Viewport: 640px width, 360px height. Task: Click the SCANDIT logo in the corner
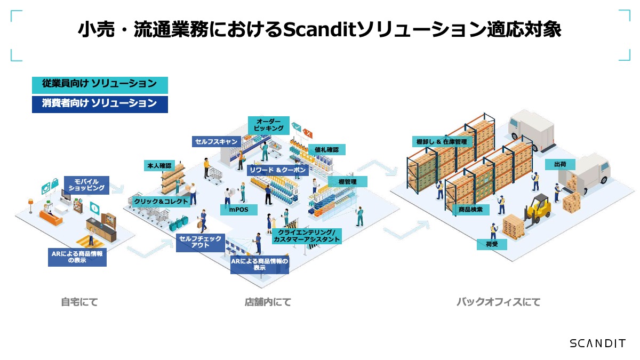tap(597, 343)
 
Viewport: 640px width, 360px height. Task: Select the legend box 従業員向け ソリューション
tap(100, 85)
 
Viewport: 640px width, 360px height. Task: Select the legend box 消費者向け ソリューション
tap(100, 104)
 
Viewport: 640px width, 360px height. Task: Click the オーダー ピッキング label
tap(268, 125)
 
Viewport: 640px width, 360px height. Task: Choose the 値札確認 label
tap(326, 149)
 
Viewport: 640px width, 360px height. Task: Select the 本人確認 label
tap(159, 166)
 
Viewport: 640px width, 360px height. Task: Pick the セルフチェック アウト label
tap(200, 242)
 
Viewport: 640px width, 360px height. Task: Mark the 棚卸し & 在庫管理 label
tap(441, 141)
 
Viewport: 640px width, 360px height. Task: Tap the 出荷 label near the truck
tap(560, 164)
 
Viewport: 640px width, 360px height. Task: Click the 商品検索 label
tap(470, 210)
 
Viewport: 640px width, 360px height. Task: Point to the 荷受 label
tap(492, 244)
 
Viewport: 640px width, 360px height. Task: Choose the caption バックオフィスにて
tap(498, 302)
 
